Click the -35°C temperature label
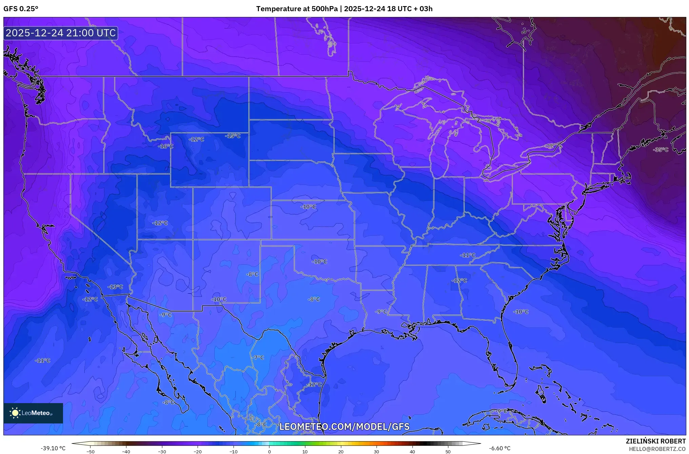coord(661,150)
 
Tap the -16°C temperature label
coord(165,146)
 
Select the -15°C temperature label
coord(232,136)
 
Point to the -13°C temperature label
coord(115,287)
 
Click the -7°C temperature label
coord(258,357)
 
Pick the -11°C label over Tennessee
coord(467,255)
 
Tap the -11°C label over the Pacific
coord(42,360)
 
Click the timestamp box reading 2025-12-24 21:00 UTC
coord(61,33)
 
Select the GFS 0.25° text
coord(21,9)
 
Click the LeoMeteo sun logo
coord(15,413)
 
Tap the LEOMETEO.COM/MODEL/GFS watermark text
coord(344,427)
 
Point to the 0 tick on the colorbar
coord(269,452)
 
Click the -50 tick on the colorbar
coord(90,452)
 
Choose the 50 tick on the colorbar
coord(448,452)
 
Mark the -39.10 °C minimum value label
coord(53,448)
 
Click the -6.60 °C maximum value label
coord(500,448)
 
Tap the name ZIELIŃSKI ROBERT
coord(655,441)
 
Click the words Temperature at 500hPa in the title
coord(297,9)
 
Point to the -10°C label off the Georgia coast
coord(521,311)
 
